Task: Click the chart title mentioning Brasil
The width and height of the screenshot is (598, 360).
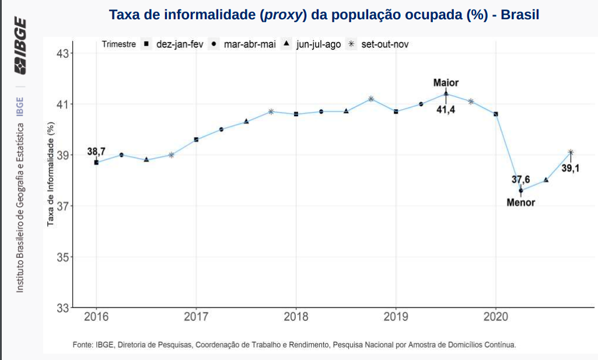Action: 324,15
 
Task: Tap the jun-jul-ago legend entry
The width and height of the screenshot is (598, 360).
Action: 313,44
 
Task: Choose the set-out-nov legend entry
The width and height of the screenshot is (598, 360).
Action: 379,44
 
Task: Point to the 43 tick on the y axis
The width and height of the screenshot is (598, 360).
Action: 62,54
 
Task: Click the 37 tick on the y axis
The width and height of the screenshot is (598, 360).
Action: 62,206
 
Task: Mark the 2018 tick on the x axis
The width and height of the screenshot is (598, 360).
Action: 296,317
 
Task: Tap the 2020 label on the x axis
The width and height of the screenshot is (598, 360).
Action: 495,317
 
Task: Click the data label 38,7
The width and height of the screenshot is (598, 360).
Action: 96,152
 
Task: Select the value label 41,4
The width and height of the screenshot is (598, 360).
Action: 446,109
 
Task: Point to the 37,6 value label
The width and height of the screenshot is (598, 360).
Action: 520,179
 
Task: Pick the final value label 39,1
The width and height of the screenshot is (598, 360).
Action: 570,169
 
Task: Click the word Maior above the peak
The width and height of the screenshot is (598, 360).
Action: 446,83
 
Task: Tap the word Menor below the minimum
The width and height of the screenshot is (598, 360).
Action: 520,203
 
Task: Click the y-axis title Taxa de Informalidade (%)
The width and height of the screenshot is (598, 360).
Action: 51,175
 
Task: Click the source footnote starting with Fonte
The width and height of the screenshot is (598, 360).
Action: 294,345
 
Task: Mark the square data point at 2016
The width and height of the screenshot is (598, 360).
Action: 96,162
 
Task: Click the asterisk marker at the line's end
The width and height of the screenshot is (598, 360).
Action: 571,152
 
